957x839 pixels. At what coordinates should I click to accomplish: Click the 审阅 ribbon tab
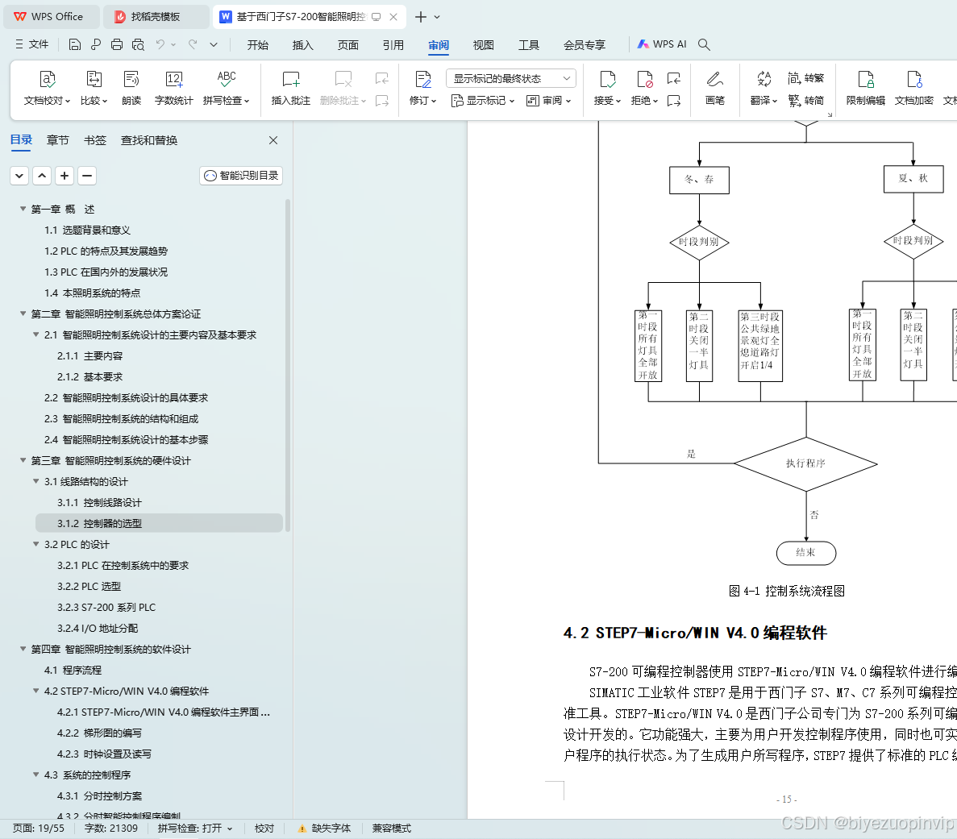click(x=439, y=45)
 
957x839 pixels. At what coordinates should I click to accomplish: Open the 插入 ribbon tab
click(x=302, y=45)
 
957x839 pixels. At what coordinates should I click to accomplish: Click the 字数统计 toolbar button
click(x=173, y=88)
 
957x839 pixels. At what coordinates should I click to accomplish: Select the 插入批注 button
click(x=291, y=88)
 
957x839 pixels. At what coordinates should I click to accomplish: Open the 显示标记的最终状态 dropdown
click(x=511, y=78)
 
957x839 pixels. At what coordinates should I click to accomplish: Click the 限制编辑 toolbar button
click(x=865, y=88)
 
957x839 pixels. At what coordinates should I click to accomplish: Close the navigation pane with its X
click(x=273, y=140)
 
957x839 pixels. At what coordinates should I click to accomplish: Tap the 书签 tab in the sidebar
click(x=95, y=140)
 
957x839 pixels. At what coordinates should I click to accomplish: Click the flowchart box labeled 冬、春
click(x=699, y=180)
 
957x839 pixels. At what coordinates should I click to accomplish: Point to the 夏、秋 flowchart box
click(x=913, y=178)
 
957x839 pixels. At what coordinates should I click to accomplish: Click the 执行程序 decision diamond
click(x=805, y=463)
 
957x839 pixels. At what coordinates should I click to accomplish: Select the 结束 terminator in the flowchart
click(x=805, y=553)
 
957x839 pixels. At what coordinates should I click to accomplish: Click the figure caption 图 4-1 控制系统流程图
click(x=786, y=592)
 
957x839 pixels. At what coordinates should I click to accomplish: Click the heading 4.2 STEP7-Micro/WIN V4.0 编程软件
click(x=695, y=633)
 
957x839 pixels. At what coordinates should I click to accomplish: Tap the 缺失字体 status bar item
click(x=324, y=829)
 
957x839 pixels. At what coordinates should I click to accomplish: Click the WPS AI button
click(x=662, y=44)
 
